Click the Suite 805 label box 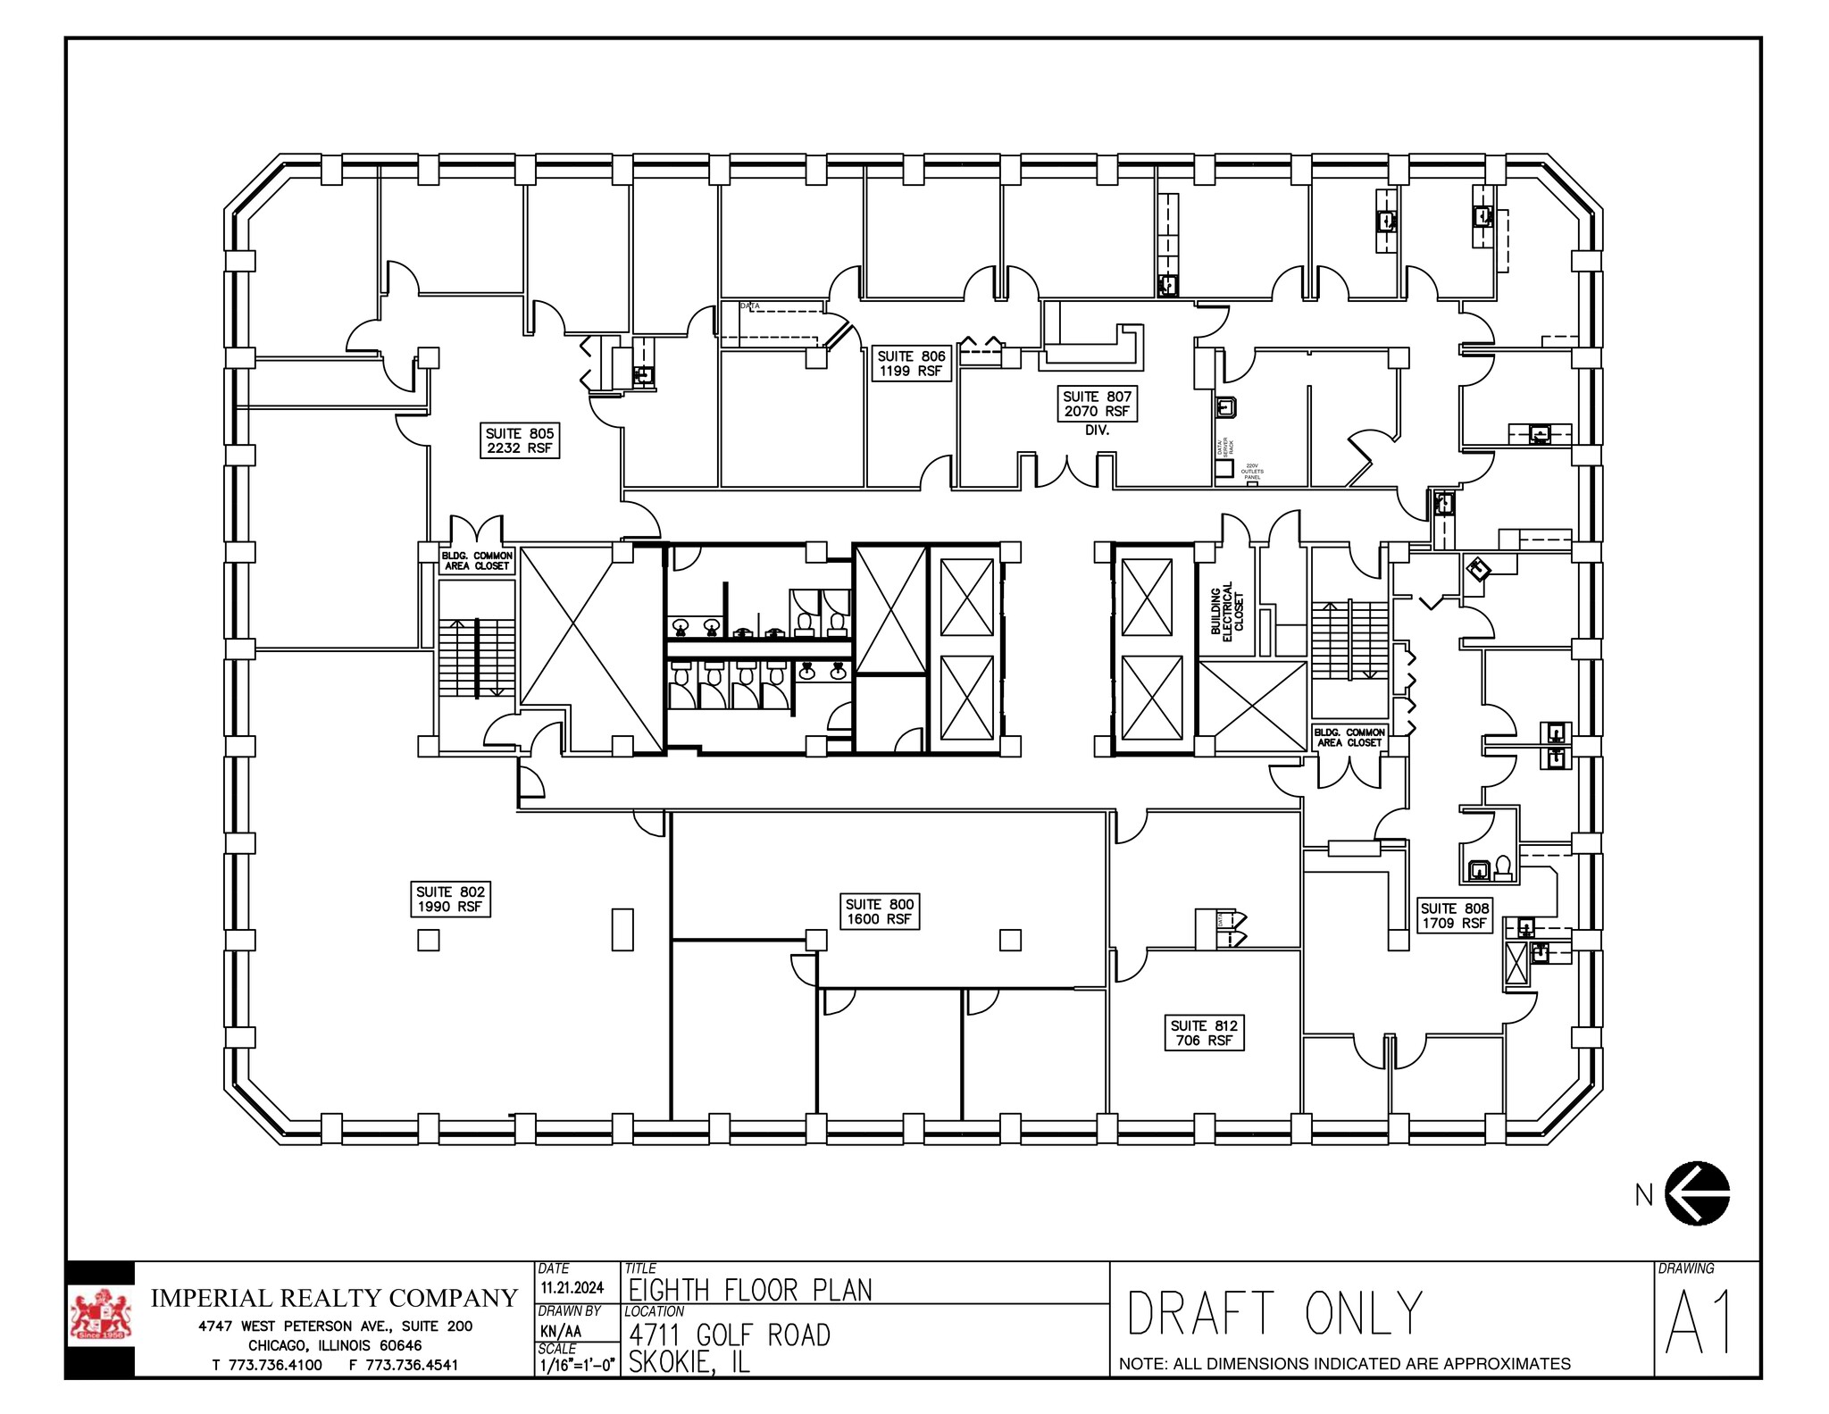[519, 440]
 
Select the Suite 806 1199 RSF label [911, 364]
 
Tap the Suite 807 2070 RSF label [1097, 404]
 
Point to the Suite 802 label [450, 899]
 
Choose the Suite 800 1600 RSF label [880, 911]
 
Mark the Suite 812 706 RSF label [1204, 1033]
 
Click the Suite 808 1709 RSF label [1455, 916]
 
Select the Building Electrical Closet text [1227, 608]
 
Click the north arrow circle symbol [1697, 1193]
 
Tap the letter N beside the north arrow [1644, 1195]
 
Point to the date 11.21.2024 [572, 1287]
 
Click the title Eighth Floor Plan [750, 1290]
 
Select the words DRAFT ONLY [1274, 1313]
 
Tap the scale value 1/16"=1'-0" [577, 1365]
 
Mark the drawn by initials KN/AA [561, 1330]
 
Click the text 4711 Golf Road [730, 1335]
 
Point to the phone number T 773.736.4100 [267, 1365]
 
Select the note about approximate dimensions [1344, 1364]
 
